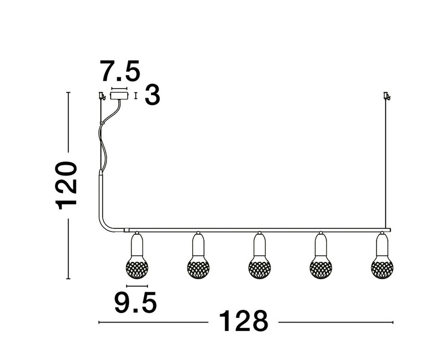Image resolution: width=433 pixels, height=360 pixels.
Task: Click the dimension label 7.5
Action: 120,72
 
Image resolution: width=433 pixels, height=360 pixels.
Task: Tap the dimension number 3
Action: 153,95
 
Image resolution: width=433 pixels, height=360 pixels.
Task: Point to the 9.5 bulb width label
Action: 136,303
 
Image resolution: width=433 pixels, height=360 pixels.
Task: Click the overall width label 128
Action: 244,321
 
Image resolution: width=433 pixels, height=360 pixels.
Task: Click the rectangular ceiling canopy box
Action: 119,96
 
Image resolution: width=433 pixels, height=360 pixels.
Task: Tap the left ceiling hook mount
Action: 101,96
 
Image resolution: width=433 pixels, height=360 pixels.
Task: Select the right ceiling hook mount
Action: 386,96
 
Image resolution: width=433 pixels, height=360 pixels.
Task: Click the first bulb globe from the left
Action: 137,268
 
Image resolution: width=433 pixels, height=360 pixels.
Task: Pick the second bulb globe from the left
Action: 198,268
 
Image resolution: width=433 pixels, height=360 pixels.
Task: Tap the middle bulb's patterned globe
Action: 259,268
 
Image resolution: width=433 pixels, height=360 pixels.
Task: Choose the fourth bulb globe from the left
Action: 321,268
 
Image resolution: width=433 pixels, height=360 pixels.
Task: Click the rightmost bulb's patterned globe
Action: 382,268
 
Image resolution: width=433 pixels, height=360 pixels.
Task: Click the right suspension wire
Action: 386,162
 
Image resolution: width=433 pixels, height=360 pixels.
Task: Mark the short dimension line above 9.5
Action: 137,286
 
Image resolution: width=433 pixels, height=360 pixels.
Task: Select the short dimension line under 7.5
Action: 119,88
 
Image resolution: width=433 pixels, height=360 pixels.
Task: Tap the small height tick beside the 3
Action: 136,96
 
